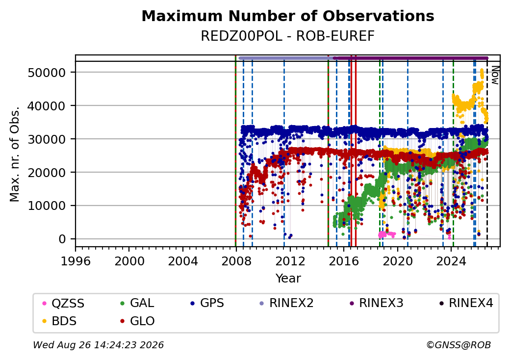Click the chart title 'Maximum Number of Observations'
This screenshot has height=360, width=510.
click(288, 16)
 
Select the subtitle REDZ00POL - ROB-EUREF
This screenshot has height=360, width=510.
click(288, 36)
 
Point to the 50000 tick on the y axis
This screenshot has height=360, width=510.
click(47, 73)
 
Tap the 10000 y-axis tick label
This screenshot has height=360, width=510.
click(47, 206)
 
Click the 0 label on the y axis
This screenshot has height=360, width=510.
click(62, 239)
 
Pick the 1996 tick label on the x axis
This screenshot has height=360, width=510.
click(76, 261)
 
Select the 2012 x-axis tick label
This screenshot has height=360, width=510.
click(290, 261)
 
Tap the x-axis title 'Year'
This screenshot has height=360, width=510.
click(288, 279)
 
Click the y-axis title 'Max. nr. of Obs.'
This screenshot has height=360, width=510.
click(15, 154)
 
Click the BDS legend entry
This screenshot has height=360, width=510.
click(59, 321)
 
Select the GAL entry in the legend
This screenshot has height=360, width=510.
click(137, 303)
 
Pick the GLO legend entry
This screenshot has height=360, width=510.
click(137, 321)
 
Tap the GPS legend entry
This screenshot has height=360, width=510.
click(207, 303)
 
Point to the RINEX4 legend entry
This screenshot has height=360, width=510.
click(466, 303)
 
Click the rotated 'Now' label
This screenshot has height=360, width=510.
click(495, 75)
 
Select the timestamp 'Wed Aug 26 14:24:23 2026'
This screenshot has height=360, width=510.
click(98, 345)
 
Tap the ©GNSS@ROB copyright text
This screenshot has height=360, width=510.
click(459, 345)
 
